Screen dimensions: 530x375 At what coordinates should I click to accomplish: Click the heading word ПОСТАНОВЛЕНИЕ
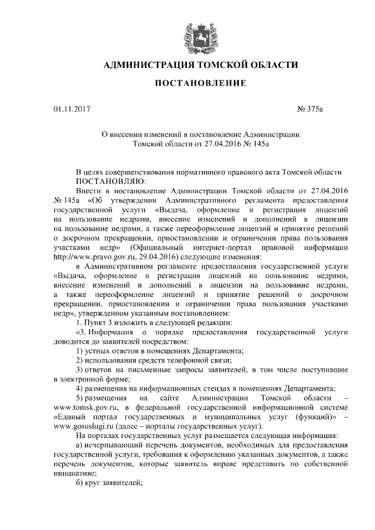(200, 84)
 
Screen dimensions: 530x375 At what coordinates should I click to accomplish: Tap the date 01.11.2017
(70, 109)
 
